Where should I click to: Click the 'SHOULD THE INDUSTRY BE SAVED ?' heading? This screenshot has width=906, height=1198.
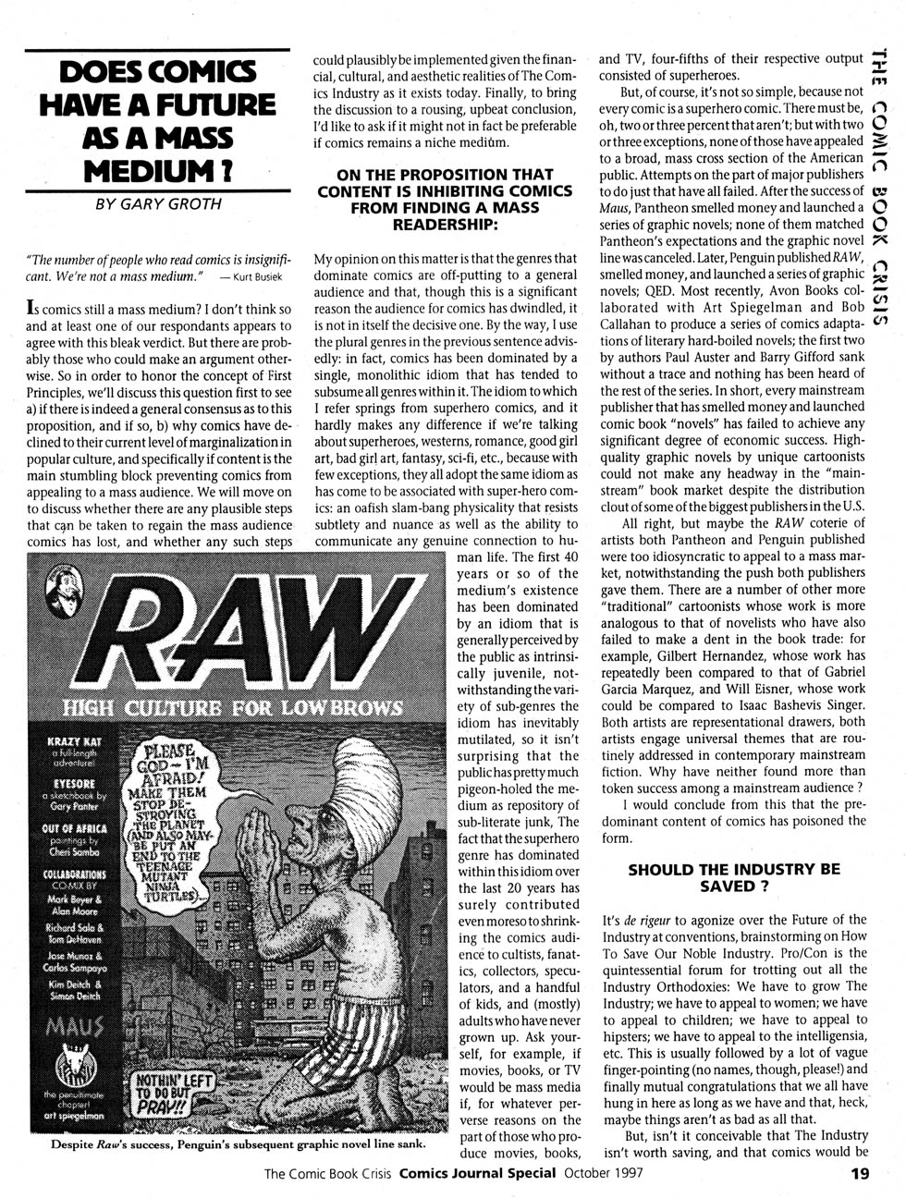734,877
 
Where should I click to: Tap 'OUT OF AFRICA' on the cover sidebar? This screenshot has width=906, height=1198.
75,828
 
